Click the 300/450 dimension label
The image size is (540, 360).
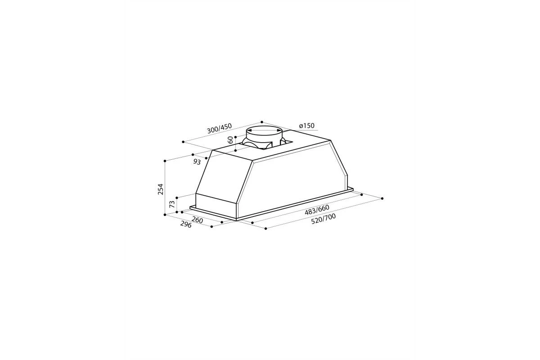(220, 128)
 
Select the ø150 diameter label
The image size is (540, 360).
(306, 126)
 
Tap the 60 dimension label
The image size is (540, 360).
(230, 140)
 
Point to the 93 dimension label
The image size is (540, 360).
(197, 162)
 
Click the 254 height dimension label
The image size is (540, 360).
(161, 189)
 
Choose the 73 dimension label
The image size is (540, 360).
(172, 204)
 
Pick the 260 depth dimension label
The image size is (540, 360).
(197, 220)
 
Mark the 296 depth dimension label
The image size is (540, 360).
(186, 225)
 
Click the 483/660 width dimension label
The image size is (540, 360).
(317, 210)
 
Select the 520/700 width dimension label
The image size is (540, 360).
(323, 219)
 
